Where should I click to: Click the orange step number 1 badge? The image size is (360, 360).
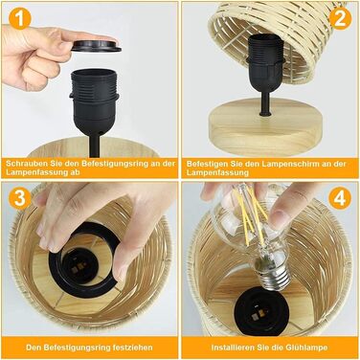click(x=20, y=18)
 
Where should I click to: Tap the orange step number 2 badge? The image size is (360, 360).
click(x=340, y=18)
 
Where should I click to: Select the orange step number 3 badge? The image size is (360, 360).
click(x=20, y=198)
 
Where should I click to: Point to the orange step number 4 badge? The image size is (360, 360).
click(x=340, y=198)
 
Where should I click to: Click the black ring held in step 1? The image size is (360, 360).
click(x=96, y=46)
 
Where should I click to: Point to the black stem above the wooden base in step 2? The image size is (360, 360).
click(x=265, y=103)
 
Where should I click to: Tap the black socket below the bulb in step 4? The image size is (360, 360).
click(x=260, y=313)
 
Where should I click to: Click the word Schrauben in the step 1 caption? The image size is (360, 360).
click(x=25, y=164)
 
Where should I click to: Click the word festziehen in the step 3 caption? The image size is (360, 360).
click(x=133, y=348)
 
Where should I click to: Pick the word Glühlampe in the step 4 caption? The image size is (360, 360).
click(x=308, y=348)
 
